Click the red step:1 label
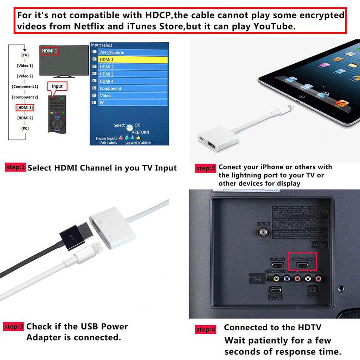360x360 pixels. [16, 167]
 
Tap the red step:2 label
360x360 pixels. [206, 168]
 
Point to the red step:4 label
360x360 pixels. [206, 329]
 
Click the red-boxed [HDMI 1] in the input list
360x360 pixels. [25, 108]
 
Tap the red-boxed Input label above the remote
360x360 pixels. [57, 86]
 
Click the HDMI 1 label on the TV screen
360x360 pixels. [50, 51]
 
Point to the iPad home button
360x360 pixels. [301, 96]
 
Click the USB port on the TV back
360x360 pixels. [275, 290]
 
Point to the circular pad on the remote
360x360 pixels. [57, 123]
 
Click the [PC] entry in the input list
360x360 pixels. [25, 128]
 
